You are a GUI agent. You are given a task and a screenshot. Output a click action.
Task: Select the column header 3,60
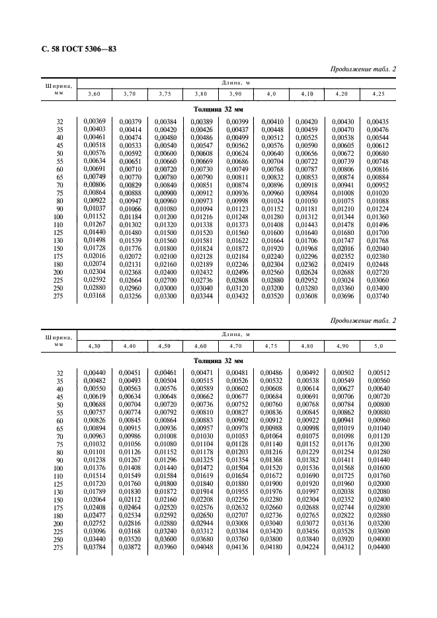point(93,95)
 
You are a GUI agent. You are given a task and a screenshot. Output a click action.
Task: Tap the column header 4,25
point(378,95)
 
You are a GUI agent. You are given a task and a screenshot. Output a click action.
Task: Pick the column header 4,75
point(271,345)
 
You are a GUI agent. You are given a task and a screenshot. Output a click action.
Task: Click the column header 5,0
point(378,345)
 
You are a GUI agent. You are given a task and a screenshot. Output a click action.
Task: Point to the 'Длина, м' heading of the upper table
point(235,83)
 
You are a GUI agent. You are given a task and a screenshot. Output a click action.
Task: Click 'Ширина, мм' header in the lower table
point(59,339)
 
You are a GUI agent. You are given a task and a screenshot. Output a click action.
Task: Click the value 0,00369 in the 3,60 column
point(93,122)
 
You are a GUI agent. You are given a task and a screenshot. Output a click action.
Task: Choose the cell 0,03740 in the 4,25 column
point(378,296)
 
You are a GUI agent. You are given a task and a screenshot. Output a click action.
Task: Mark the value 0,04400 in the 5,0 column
point(378,547)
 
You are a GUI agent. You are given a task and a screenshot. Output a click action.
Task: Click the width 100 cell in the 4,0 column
point(271,217)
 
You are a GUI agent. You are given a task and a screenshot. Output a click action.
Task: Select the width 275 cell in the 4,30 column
point(93,547)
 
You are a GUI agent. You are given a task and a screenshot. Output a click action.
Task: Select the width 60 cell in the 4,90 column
point(342,420)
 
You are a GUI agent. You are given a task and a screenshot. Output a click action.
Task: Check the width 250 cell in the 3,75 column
point(165,289)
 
